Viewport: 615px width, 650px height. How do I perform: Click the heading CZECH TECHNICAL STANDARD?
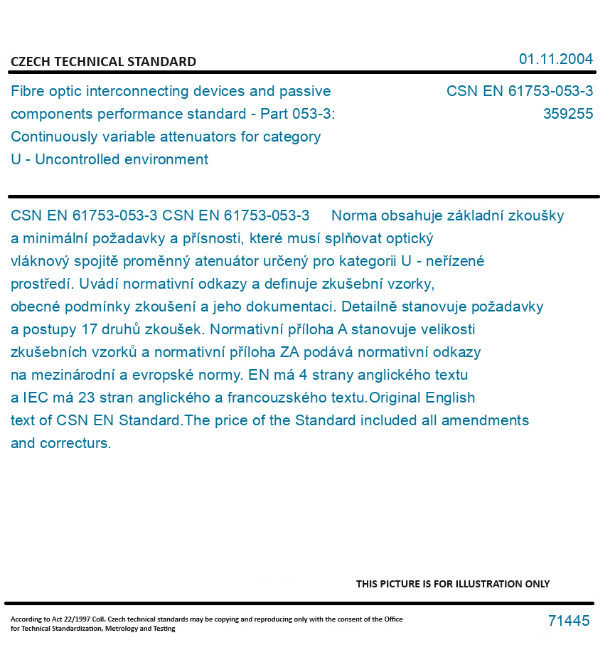(103, 62)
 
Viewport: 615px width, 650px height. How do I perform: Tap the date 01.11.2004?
(555, 59)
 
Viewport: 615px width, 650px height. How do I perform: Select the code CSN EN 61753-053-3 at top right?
(519, 91)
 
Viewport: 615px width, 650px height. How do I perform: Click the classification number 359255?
(567, 114)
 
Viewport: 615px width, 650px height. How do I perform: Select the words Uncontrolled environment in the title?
(122, 159)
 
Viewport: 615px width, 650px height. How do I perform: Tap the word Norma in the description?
(354, 215)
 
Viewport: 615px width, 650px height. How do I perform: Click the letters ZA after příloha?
(289, 352)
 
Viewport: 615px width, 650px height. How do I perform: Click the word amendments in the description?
(485, 420)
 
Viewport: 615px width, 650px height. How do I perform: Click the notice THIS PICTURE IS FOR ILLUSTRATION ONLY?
(452, 584)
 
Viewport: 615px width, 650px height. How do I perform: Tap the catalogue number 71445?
(568, 621)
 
